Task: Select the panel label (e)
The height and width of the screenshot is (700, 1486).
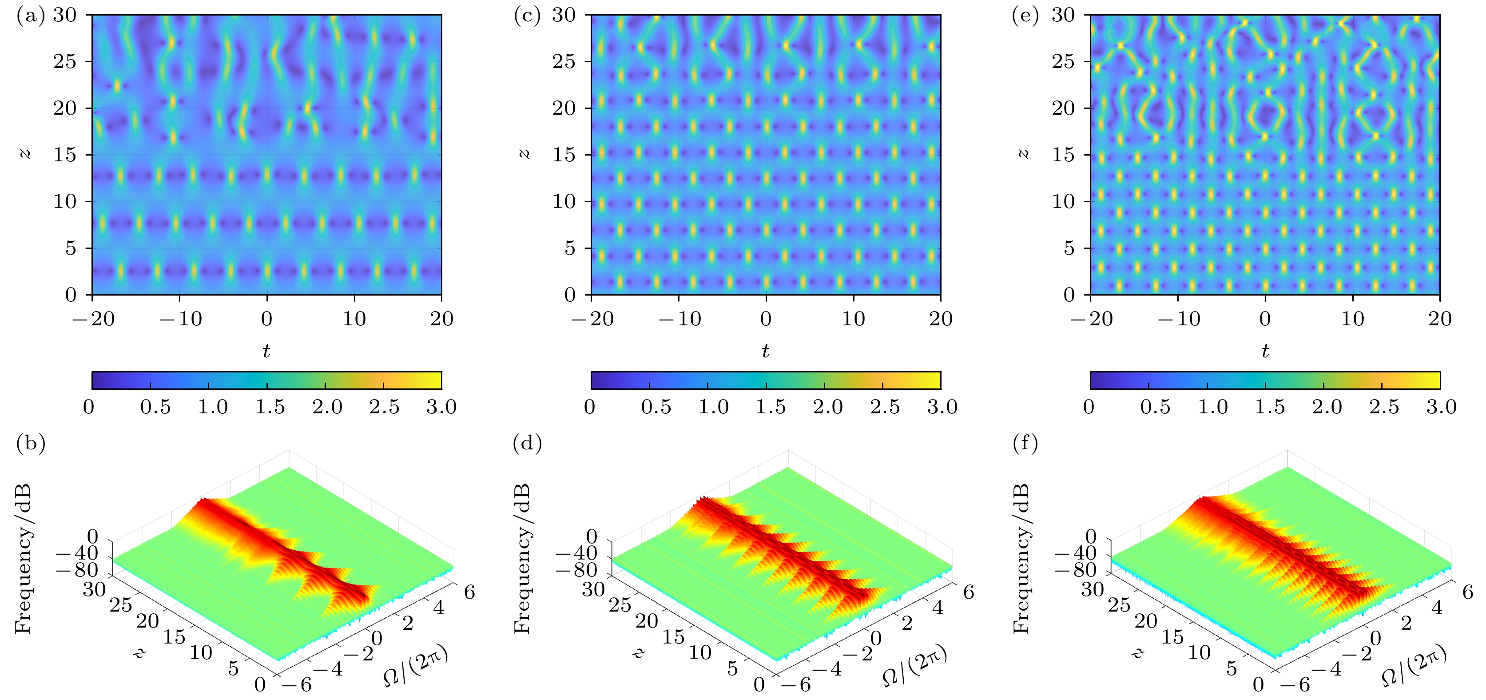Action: point(1026,16)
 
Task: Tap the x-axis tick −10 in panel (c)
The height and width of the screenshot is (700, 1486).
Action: point(679,319)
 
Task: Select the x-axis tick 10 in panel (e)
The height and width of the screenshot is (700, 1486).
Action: point(1352,319)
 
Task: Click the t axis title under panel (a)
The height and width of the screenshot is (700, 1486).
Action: point(266,350)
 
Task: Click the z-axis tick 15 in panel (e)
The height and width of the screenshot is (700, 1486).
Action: point(1064,155)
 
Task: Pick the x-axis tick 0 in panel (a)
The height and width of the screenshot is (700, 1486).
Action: point(266,319)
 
